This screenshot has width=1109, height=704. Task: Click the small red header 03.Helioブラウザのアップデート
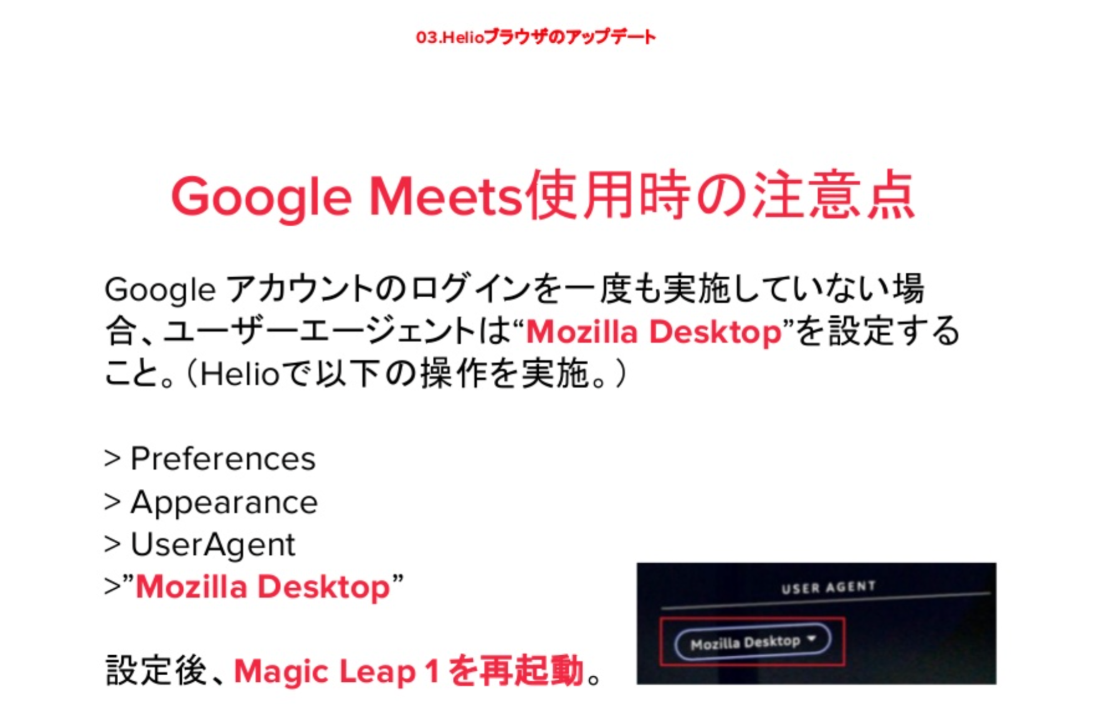[536, 37]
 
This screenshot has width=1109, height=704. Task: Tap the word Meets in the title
[446, 196]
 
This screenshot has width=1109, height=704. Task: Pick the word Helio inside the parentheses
[239, 374]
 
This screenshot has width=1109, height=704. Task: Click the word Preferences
[223, 459]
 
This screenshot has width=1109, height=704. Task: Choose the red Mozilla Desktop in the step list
[263, 587]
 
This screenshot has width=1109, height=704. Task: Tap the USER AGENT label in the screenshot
[828, 587]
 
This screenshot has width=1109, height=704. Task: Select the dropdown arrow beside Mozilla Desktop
[812, 639]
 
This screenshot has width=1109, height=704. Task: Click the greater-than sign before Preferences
[112, 459]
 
